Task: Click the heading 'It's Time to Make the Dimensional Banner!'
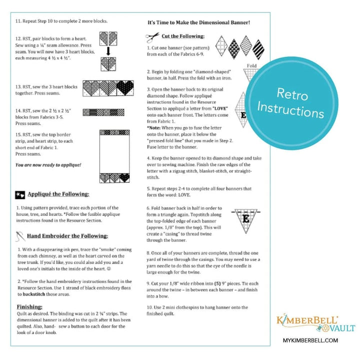198,22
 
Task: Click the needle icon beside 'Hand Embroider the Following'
20,235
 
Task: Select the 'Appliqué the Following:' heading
58,194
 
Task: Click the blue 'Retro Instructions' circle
300,102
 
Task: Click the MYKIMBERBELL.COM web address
314,340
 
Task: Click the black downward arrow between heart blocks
108,50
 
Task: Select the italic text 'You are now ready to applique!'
48,164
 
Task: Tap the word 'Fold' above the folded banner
251,65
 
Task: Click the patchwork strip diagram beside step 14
106,112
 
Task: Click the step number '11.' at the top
19,21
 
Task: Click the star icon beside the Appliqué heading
20,194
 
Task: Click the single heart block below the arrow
108,64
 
